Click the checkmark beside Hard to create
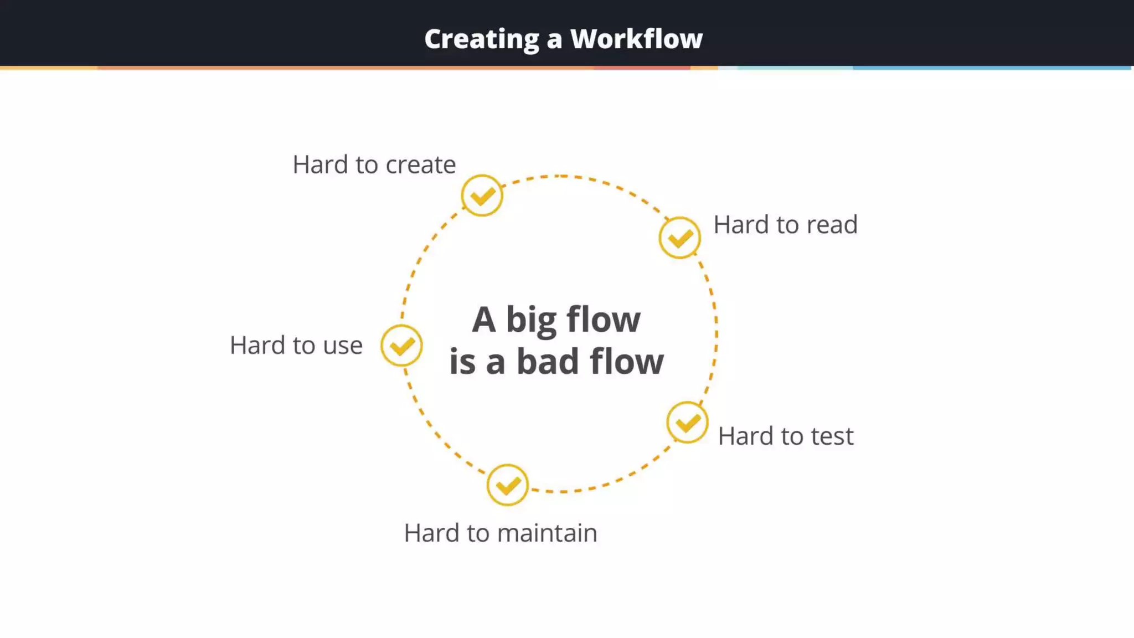[x=482, y=195]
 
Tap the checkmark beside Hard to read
[x=680, y=238]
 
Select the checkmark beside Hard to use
[x=401, y=346]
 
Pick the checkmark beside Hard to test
[x=687, y=423]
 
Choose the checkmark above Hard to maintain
[x=507, y=485]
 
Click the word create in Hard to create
[x=420, y=165]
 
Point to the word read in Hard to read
[x=832, y=225]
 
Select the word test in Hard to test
[x=832, y=436]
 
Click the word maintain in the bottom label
[x=548, y=533]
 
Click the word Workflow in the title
[x=636, y=39]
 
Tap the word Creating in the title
[x=482, y=39]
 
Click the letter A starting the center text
[x=483, y=320]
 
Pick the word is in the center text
[x=462, y=362]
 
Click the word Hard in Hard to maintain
[x=431, y=533]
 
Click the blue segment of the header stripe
[x=991, y=68]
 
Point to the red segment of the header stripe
[x=642, y=68]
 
